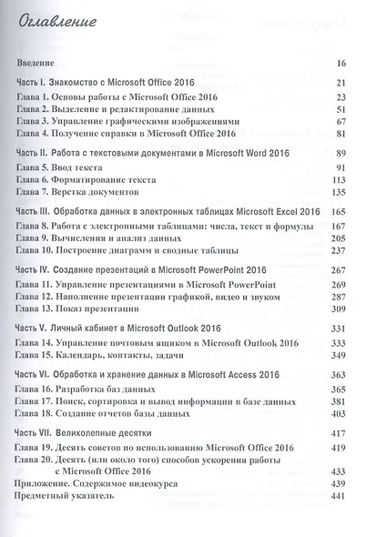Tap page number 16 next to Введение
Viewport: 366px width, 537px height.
341,64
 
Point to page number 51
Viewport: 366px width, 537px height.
341,108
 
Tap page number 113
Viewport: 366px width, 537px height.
340,180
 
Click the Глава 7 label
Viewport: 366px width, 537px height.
37,193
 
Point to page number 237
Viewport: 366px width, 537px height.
339,250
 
